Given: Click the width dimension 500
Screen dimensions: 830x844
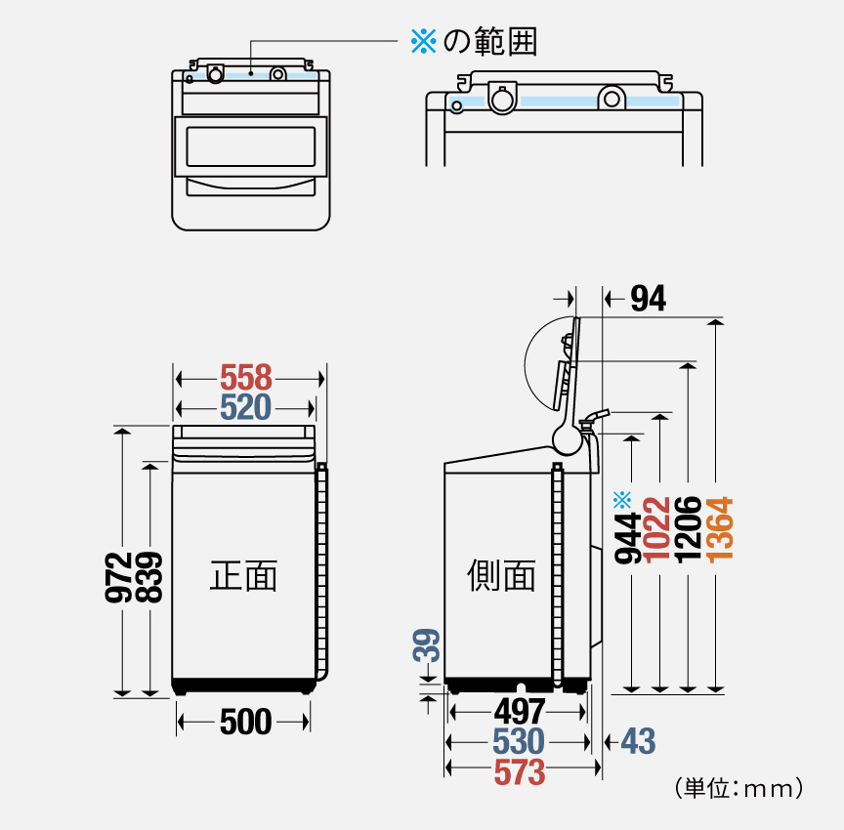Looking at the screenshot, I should (245, 723).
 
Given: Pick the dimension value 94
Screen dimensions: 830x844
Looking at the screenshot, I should (648, 300).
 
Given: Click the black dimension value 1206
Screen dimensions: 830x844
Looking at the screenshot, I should (689, 528).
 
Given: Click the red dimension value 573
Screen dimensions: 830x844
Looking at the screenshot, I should (519, 772).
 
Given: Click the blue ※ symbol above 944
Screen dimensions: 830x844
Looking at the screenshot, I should (623, 499).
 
